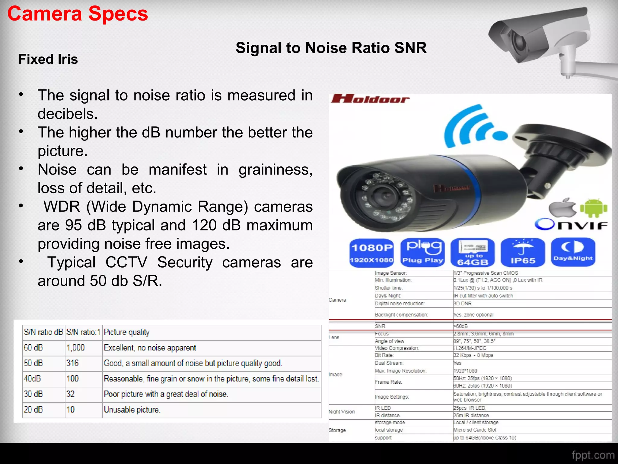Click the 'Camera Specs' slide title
click(x=78, y=14)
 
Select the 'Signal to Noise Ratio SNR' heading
click(x=331, y=48)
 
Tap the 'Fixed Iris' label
click(x=48, y=59)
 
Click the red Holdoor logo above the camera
click(x=370, y=99)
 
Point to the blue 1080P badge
click(x=372, y=253)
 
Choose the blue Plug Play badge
click(x=422, y=253)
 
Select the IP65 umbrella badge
click(x=523, y=253)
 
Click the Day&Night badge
click(x=573, y=252)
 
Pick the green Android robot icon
click(x=594, y=208)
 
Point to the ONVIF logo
click(x=571, y=224)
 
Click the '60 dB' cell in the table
click(x=33, y=348)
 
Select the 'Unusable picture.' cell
click(x=132, y=410)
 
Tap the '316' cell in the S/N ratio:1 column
click(x=73, y=363)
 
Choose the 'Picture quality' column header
click(x=127, y=332)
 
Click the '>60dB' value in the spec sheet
click(x=460, y=326)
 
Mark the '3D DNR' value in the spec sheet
click(x=462, y=304)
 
